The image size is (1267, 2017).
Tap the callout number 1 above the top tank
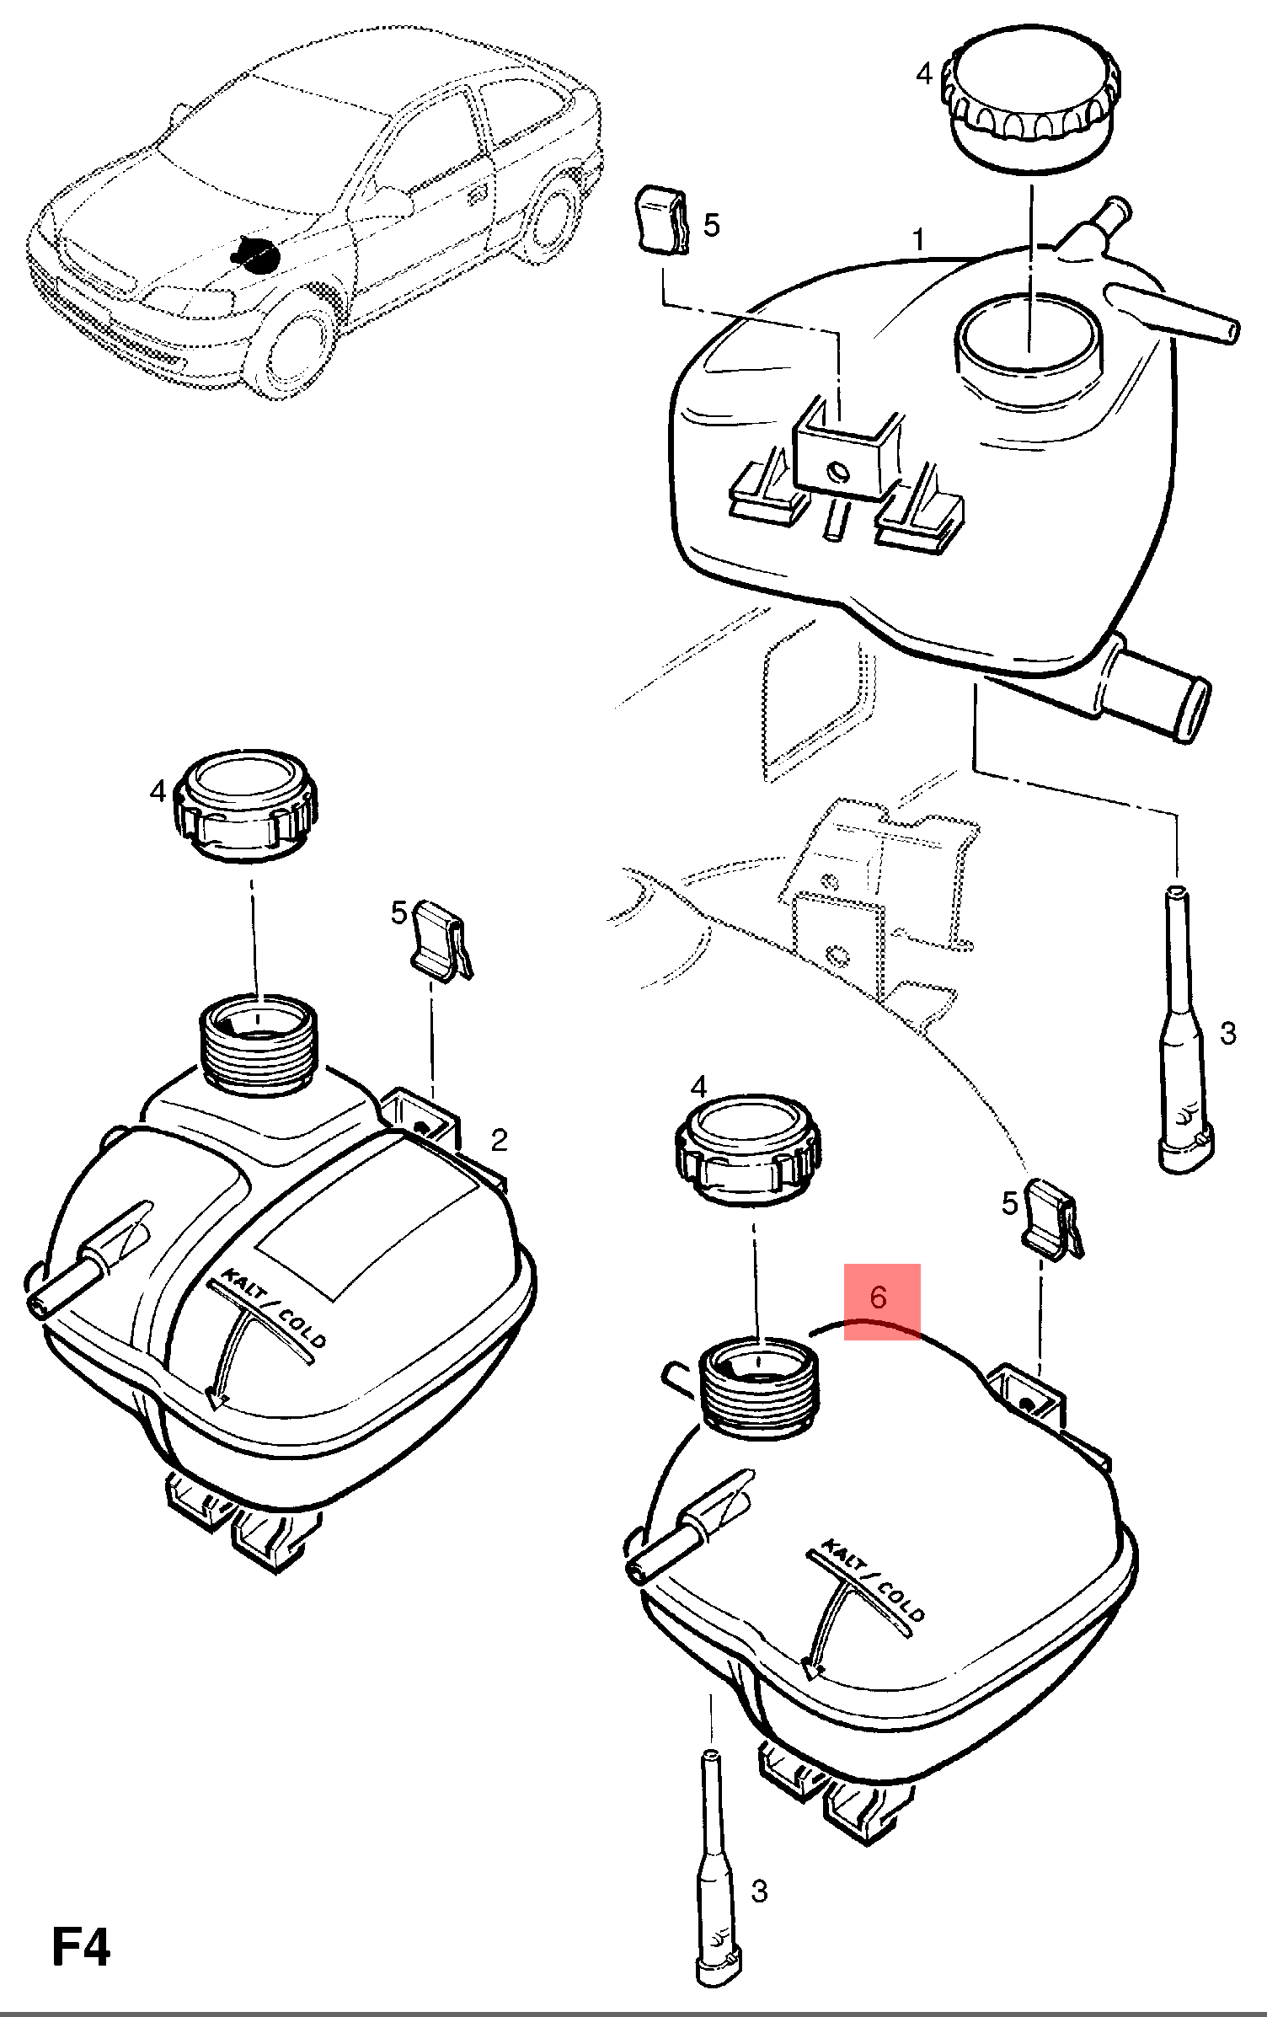[x=918, y=241]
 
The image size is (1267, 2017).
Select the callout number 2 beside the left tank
[x=500, y=1140]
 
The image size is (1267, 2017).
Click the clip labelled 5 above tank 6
[x=1053, y=1218]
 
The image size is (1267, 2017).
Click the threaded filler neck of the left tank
[x=257, y=1044]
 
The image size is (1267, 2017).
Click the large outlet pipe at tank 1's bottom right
[x=1154, y=688]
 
